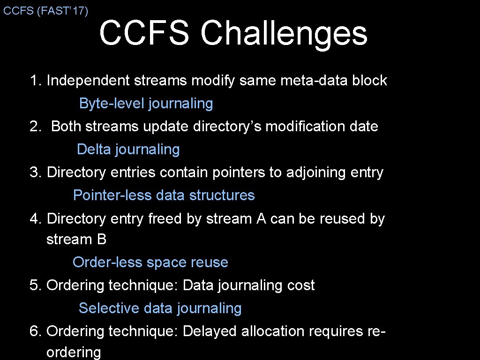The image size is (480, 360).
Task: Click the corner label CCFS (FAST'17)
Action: pos(45,11)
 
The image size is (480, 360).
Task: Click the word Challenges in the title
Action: pos(284,33)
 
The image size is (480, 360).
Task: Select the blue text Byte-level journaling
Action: pos(146,103)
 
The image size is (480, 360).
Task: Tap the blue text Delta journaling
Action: pos(128,149)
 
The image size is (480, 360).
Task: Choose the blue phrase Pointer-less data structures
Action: pos(164,195)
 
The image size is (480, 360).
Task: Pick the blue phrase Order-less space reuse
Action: pos(150,262)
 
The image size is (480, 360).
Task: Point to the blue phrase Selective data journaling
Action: pos(160,308)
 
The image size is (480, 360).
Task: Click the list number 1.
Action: pos(34,81)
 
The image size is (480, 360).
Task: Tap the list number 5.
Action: pos(34,285)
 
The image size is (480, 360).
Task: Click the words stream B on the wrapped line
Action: pos(76,240)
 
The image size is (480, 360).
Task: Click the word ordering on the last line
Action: pos(73,352)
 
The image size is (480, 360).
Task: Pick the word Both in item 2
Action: pos(66,127)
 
